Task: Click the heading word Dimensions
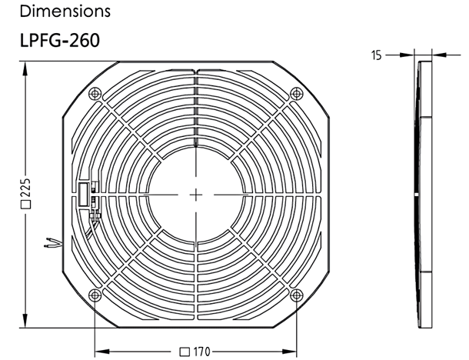pos(65,11)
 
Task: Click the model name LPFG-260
pos(59,41)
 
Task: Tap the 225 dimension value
pos(26,188)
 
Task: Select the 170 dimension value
pos(202,352)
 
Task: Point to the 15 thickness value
pos(377,55)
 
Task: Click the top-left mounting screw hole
pos(95,94)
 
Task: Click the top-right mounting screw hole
pos(297,94)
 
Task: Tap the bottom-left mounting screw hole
pos(95,295)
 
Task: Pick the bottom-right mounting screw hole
pos(297,295)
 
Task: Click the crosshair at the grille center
pos(196,195)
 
